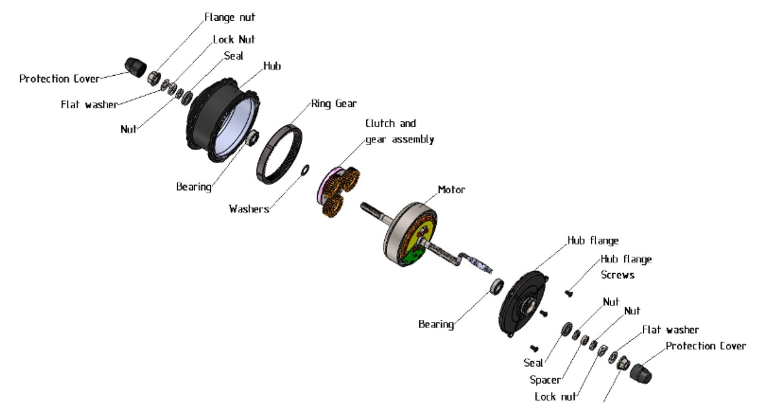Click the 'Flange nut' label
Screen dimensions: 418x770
[x=229, y=17]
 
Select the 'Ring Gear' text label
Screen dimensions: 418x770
[x=334, y=104]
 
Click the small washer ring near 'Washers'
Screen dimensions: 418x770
[x=305, y=170]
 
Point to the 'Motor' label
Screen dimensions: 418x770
[x=451, y=190]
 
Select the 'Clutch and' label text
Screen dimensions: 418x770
[x=390, y=124]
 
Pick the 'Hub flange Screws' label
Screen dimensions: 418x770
[x=626, y=267]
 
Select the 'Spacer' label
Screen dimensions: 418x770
[x=545, y=380]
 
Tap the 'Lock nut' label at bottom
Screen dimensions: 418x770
[x=555, y=397]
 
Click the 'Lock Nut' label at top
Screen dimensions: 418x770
[x=234, y=39]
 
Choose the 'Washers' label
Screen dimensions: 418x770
[x=248, y=209]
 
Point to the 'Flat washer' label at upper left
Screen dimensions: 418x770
[x=89, y=105]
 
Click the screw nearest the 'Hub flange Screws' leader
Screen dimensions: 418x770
[x=568, y=294]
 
